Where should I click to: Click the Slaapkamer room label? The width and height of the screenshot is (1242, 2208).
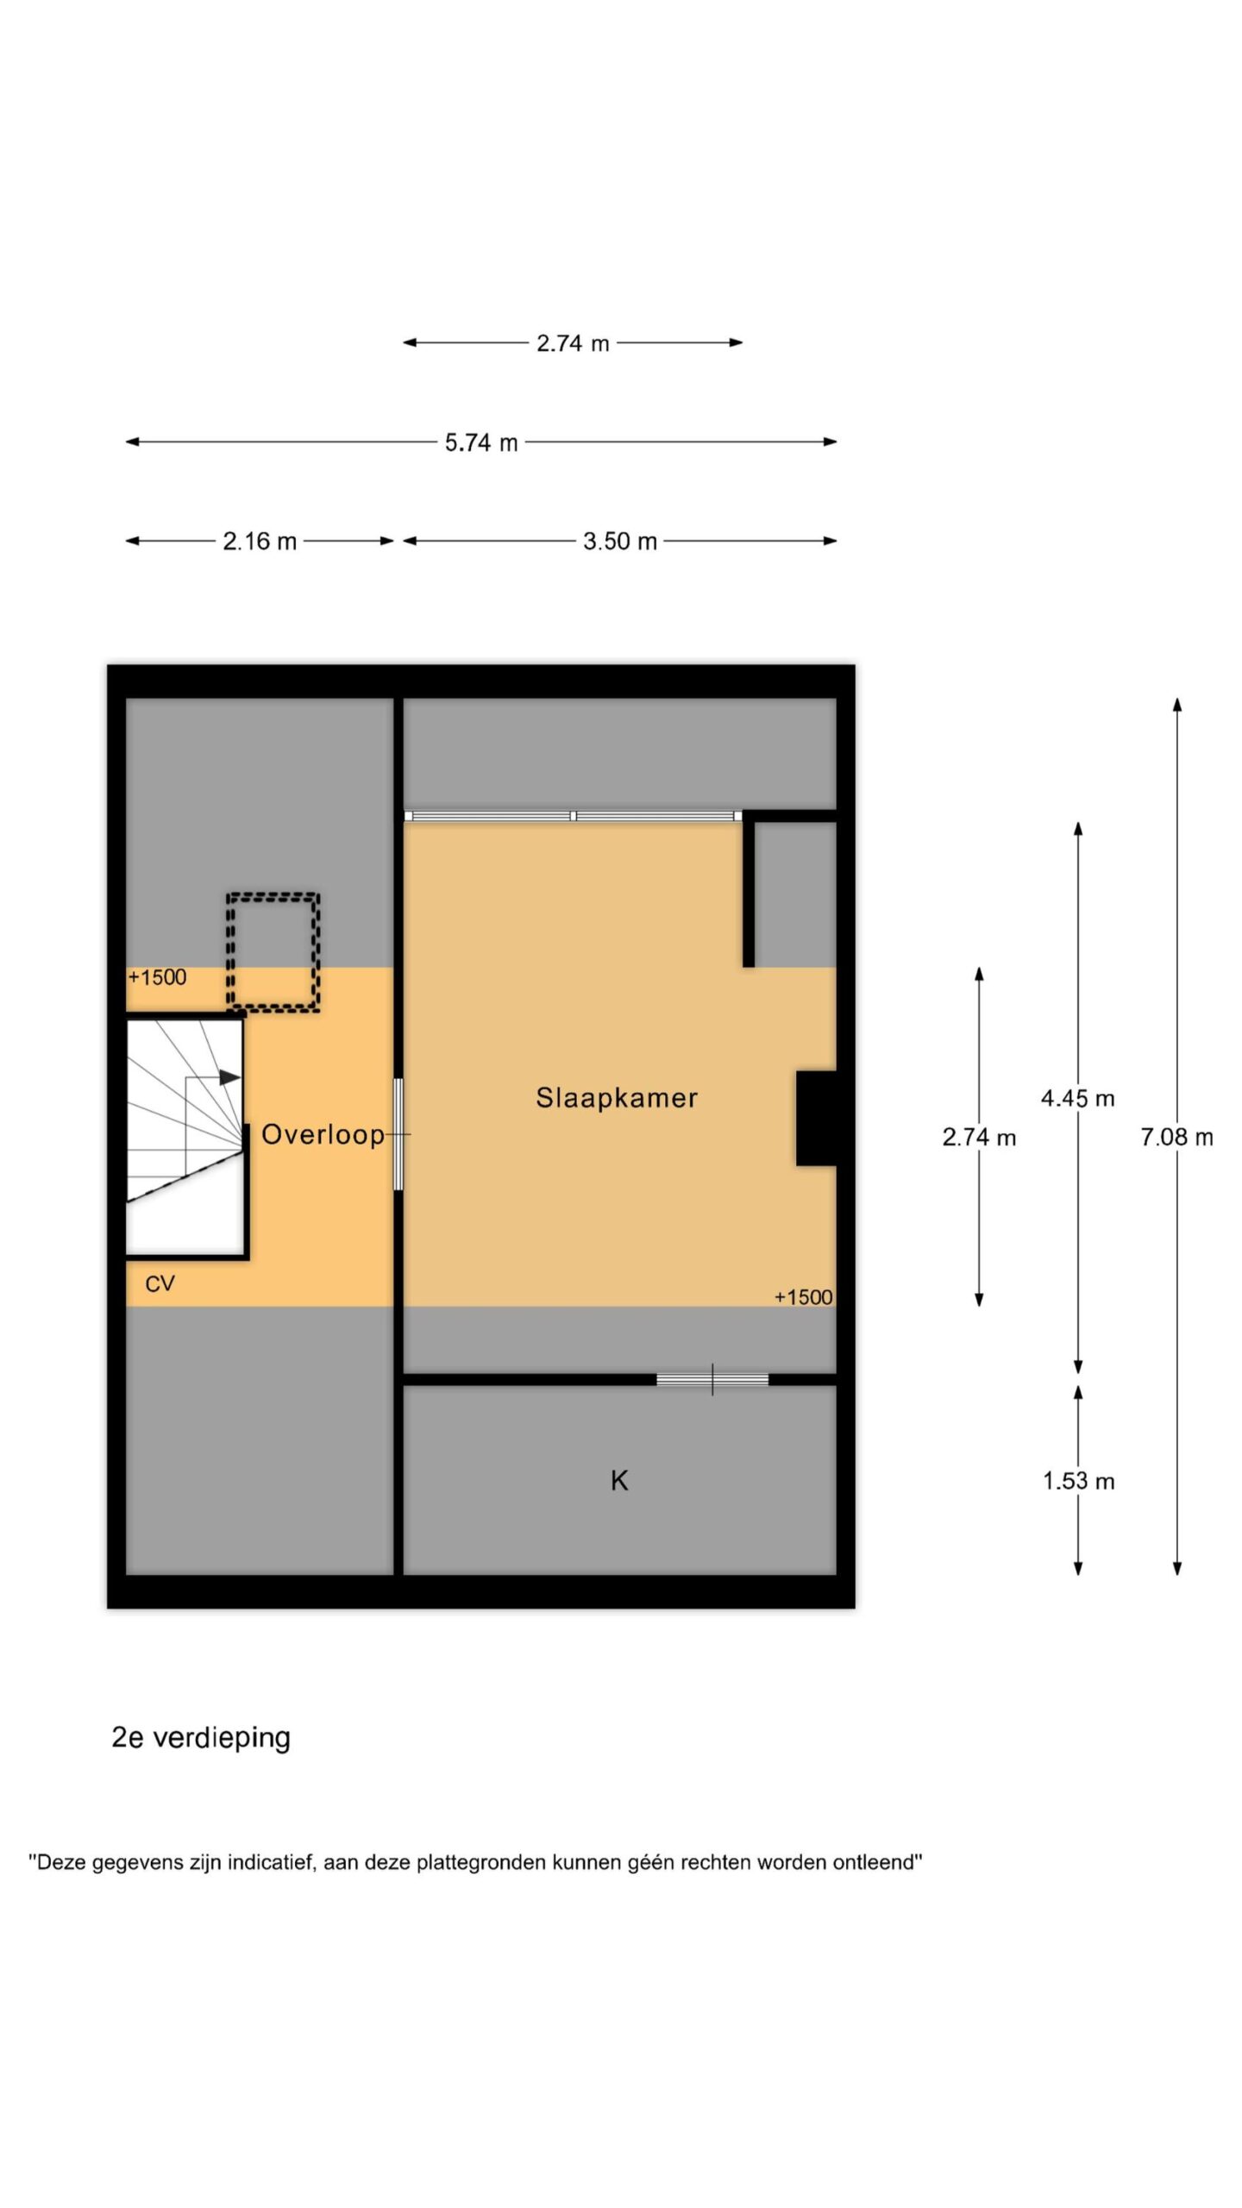click(616, 1098)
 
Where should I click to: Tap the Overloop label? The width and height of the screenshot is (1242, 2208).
click(323, 1135)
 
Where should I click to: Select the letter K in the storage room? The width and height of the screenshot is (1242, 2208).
click(619, 1481)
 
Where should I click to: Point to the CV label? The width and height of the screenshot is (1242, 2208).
click(160, 1284)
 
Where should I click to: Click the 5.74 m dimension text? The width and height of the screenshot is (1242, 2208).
click(481, 442)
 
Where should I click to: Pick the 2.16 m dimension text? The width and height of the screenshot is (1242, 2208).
click(260, 542)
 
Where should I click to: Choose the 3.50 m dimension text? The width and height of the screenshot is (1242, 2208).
click(620, 542)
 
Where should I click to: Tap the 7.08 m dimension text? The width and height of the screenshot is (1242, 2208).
click(1176, 1138)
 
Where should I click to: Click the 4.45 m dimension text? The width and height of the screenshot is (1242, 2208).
click(1077, 1099)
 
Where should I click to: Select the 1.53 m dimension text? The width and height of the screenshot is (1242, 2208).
click(1078, 1482)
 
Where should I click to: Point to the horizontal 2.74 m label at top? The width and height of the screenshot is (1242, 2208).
click(573, 343)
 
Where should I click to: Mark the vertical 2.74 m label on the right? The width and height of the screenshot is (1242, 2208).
click(979, 1138)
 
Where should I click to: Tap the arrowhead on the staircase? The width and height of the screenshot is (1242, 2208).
click(230, 1077)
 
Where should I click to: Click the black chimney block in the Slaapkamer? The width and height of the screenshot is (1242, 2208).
click(816, 1119)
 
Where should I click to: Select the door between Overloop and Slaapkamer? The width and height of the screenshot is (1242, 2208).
click(398, 1134)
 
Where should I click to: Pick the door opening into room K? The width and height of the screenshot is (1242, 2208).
click(712, 1380)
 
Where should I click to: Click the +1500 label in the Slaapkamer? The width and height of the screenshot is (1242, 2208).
click(803, 1298)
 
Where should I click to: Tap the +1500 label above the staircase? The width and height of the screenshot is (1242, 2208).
click(157, 977)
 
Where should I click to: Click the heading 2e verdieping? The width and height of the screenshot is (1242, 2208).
click(201, 1737)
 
